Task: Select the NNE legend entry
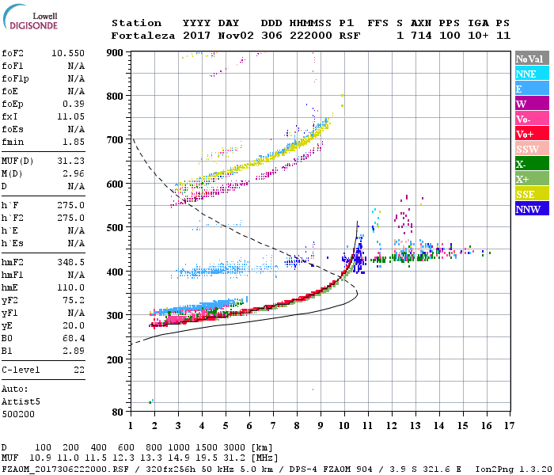531,74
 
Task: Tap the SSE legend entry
531,195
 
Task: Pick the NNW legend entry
531,210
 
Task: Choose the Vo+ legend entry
531,134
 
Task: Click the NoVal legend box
531,59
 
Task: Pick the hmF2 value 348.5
71,261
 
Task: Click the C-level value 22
78,370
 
